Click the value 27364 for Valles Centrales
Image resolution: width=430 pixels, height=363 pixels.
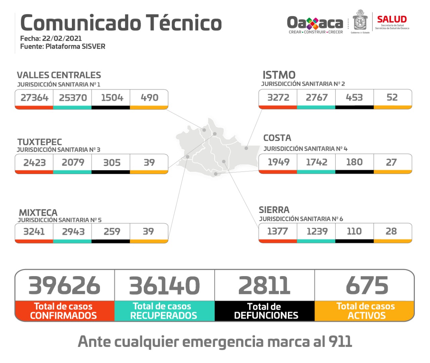pos(34,98)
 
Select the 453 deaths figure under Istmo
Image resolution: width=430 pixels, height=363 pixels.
pos(354,97)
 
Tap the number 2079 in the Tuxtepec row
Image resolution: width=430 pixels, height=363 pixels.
pos(73,162)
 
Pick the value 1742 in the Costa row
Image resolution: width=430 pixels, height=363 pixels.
pos(316,162)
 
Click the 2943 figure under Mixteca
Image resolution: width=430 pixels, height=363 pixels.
pos(73,231)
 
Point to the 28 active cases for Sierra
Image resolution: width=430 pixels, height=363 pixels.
pos(391,231)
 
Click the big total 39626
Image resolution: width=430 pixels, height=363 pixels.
pos(64,286)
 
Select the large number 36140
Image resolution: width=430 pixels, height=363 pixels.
pos(164,286)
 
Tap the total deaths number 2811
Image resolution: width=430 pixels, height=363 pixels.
pos(264,286)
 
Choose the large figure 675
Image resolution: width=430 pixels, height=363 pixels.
pos(367,286)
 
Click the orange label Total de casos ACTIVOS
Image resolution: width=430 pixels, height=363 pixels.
pos(365,311)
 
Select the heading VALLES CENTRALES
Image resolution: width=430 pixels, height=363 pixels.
pos(59,75)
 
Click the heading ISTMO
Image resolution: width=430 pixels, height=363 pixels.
pos(279,75)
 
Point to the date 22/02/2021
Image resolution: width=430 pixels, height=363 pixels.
pos(62,39)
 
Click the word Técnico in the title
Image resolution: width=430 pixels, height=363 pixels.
pos(184,23)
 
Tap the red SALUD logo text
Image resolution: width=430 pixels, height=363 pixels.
pos(392,19)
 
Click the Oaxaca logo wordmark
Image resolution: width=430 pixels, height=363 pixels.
pos(315,23)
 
